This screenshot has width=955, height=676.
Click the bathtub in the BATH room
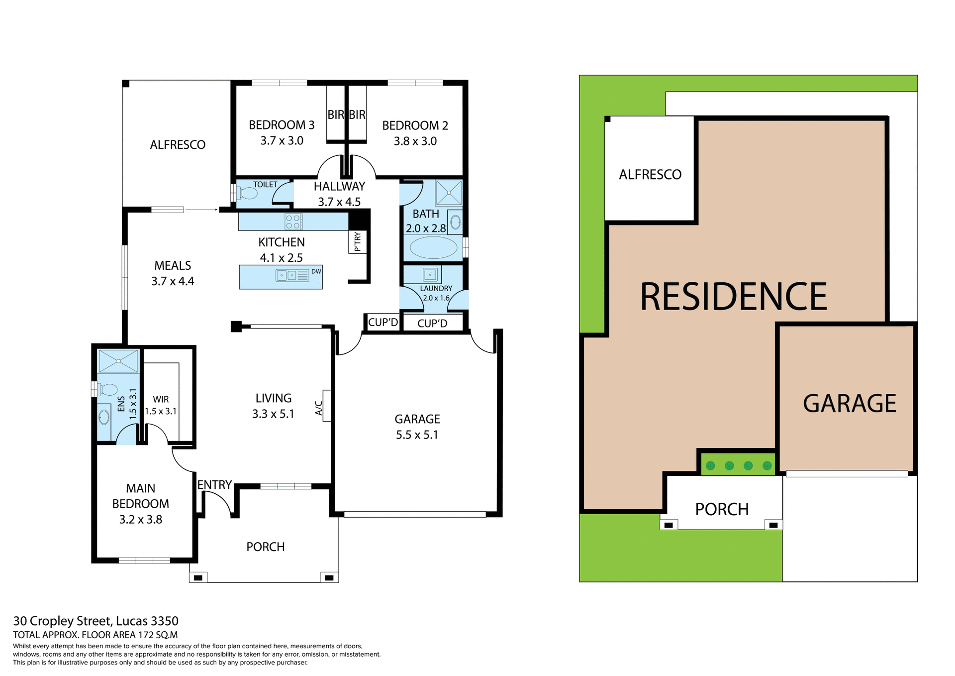[433, 247]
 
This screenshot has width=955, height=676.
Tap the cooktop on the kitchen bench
[293, 222]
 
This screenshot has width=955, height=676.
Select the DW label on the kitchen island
[316, 271]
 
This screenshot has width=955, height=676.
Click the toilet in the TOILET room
[247, 193]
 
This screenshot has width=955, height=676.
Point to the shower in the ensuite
[118, 361]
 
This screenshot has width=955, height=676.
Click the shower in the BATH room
[449, 193]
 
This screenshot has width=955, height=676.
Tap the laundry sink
[430, 274]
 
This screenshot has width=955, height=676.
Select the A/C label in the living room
[319, 408]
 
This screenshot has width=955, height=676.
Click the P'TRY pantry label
[358, 242]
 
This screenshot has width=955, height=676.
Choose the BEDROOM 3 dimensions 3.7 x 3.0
[282, 141]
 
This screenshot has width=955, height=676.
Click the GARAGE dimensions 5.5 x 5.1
[417, 435]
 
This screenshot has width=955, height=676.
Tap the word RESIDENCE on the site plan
[733, 297]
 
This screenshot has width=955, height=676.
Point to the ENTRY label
[214, 485]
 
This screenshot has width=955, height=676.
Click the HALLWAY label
[339, 187]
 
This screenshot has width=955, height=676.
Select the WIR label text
[161, 399]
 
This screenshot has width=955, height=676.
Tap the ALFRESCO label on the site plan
[650, 175]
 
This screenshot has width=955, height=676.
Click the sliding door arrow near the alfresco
[201, 210]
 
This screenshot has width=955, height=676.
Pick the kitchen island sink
[286, 275]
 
